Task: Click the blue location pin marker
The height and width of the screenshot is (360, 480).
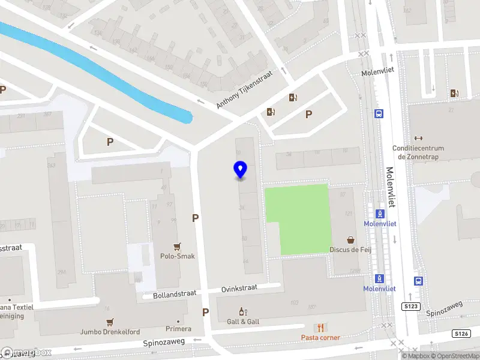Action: [240, 170]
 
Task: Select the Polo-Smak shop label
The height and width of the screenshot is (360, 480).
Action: [177, 256]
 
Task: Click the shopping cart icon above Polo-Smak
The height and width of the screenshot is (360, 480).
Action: [177, 246]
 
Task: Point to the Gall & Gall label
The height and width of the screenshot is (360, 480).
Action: [243, 322]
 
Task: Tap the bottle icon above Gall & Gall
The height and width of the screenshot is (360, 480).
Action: [243, 311]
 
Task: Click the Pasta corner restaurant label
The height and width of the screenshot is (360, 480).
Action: [320, 338]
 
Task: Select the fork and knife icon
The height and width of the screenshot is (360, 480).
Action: [320, 328]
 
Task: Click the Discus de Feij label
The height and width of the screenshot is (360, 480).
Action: [350, 250]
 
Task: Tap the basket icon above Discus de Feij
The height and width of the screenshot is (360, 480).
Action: [350, 239]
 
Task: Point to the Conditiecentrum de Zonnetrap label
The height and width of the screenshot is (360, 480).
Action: [418, 152]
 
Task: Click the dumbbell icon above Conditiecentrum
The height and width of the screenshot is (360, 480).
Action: [418, 138]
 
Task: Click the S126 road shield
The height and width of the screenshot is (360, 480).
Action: [460, 334]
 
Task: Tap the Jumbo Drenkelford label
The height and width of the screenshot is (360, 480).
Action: [110, 332]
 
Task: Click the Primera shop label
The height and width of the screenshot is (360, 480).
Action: [179, 329]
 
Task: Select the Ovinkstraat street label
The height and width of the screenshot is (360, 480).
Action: [239, 288]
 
